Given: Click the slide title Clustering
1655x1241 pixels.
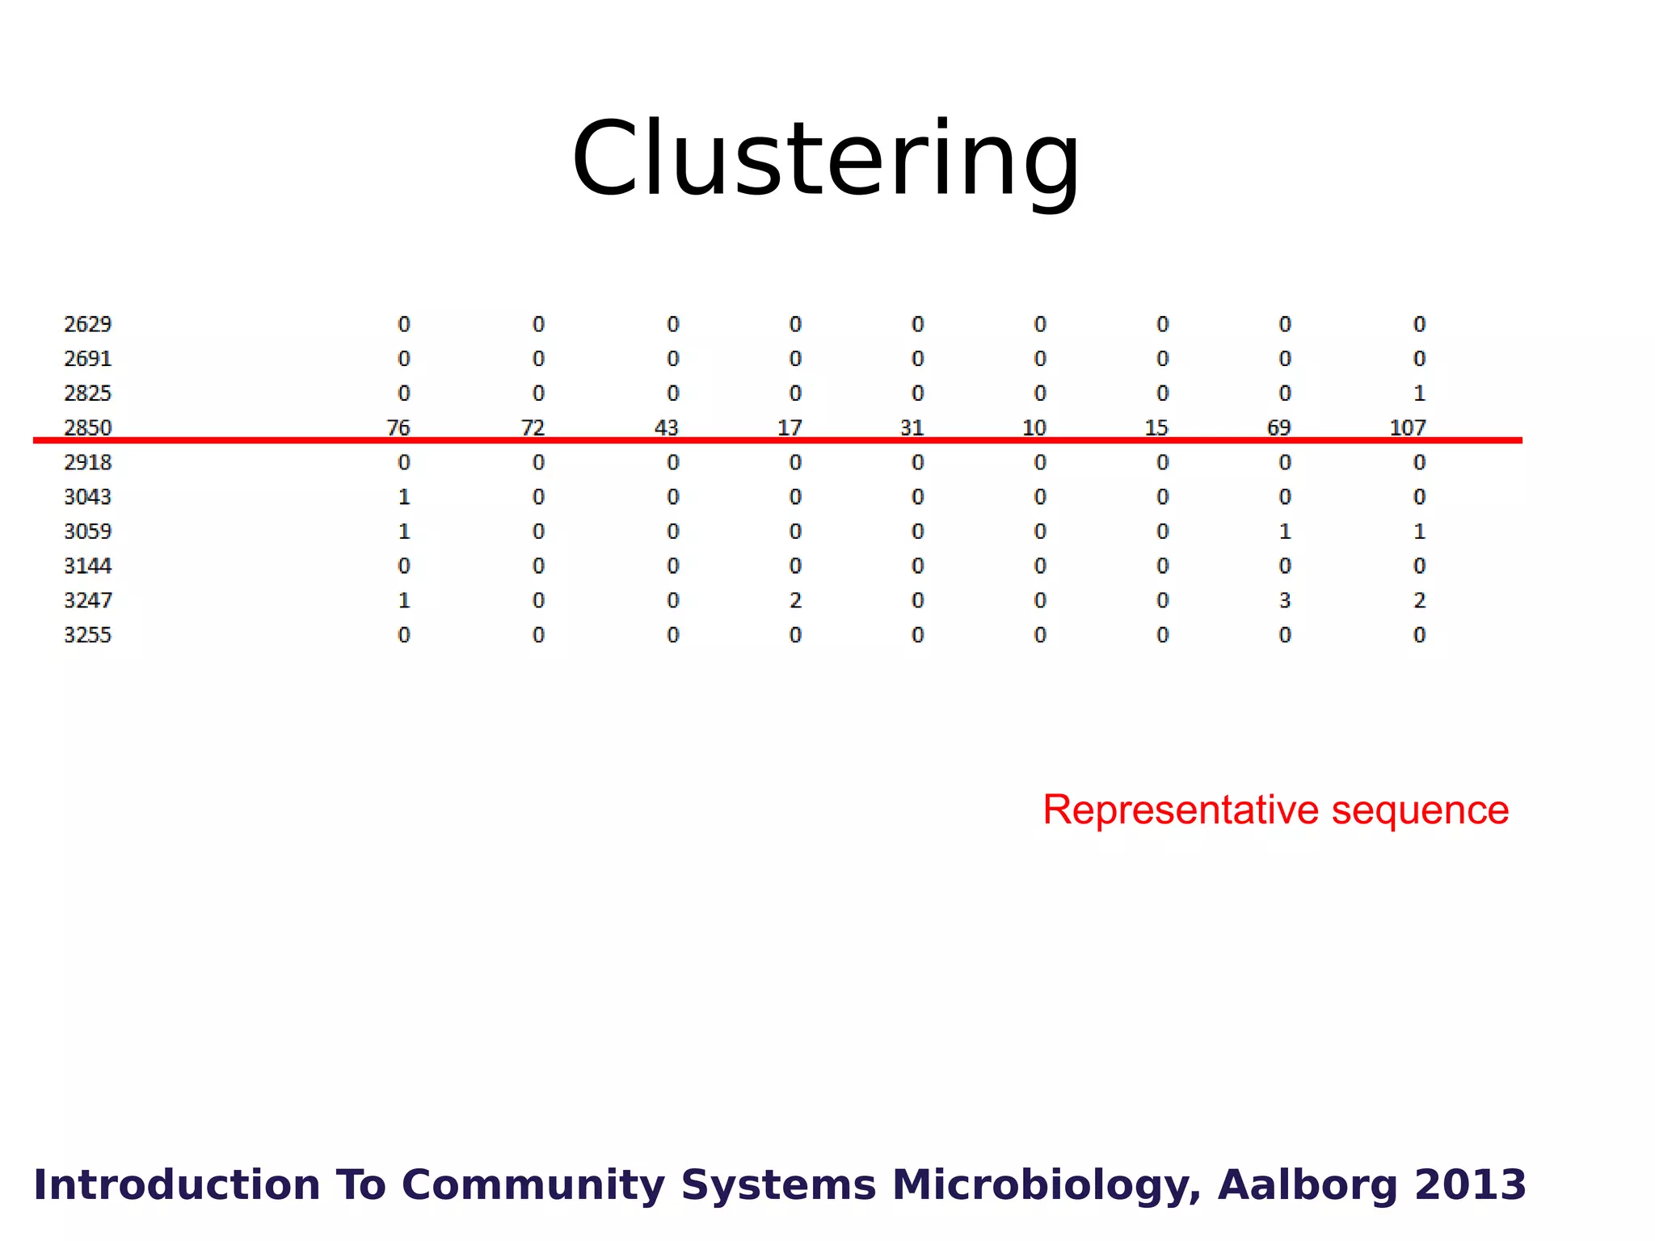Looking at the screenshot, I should (x=826, y=158).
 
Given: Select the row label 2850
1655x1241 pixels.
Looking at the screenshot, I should (x=87, y=427).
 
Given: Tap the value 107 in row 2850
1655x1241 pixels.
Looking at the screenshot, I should (x=1408, y=427).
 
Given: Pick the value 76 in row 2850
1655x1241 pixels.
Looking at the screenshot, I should (x=398, y=427).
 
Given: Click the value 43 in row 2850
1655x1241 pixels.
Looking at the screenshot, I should (x=666, y=427).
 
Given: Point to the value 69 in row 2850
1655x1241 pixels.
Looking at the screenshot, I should (x=1278, y=427).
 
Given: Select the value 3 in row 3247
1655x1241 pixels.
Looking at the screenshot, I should (x=1285, y=600).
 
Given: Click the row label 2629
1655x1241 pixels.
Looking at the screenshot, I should (x=87, y=324).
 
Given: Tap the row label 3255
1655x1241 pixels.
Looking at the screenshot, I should (x=87, y=635).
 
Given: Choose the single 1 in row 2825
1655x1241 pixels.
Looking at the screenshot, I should (x=1419, y=393).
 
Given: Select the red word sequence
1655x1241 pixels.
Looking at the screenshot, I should (x=1420, y=810).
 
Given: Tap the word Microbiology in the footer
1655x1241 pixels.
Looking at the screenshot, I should (x=1046, y=1185).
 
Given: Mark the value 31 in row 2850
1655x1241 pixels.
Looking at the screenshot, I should (x=912, y=427).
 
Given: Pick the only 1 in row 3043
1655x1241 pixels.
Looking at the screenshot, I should (x=404, y=497).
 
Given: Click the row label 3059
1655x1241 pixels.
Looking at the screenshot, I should (x=87, y=532).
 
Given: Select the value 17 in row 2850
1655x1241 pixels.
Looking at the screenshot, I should (x=790, y=427).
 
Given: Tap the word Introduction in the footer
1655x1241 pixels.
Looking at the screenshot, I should (x=177, y=1185).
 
